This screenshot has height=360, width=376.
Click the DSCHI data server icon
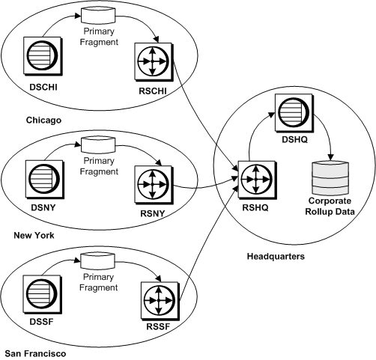(39, 61)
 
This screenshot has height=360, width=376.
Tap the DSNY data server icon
(40, 179)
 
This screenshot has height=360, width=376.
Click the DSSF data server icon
(39, 293)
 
